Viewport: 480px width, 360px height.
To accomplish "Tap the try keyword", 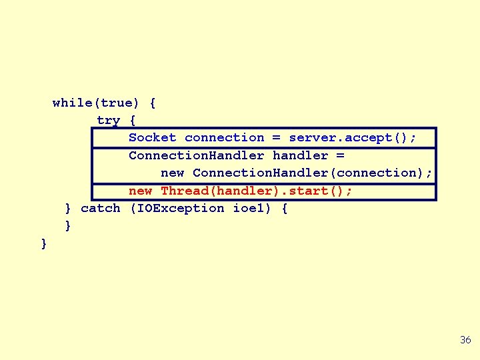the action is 108,121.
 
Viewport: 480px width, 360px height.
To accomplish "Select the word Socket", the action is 152,138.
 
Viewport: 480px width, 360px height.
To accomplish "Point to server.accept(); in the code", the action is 353,138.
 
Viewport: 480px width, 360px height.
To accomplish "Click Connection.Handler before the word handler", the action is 196,155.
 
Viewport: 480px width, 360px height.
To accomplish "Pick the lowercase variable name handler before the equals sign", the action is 300,155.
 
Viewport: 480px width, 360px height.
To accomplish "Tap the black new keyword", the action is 172,173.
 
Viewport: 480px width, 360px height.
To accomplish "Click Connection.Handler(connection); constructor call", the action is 312,173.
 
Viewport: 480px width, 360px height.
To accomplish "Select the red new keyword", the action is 140,191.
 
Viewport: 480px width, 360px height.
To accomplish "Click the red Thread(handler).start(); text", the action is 257,191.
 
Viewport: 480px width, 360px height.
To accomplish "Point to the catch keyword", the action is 100,209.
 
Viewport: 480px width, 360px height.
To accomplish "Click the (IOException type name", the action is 176,209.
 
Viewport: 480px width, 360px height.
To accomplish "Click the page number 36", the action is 465,340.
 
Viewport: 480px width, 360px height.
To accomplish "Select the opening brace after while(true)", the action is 153,103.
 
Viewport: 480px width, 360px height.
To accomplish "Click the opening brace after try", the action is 133,121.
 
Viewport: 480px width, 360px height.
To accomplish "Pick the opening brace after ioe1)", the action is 285,209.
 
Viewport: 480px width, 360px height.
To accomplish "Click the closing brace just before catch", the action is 68,209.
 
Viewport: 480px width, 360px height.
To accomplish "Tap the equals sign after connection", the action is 277,138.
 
